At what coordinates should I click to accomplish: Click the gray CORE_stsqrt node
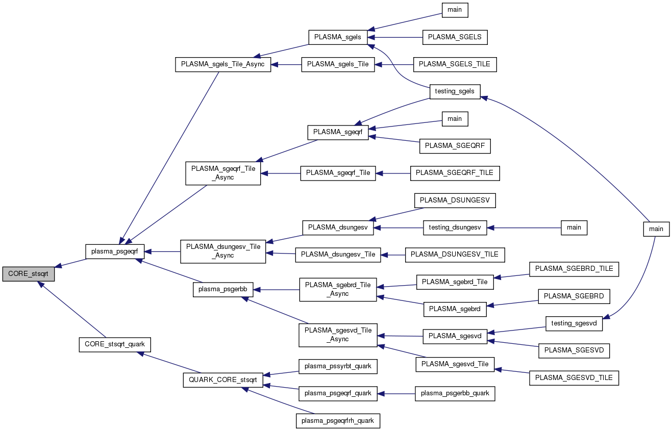pyautogui.click(x=28, y=274)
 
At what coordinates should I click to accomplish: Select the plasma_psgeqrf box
pyautogui.click(x=115, y=251)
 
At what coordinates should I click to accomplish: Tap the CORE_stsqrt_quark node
pyautogui.click(x=115, y=344)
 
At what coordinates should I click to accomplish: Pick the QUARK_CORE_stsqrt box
pyautogui.click(x=223, y=380)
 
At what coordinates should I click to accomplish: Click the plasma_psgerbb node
pyautogui.click(x=222, y=289)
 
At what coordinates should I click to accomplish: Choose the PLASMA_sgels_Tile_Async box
pyautogui.click(x=223, y=65)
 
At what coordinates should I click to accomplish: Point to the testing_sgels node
pyautogui.click(x=455, y=92)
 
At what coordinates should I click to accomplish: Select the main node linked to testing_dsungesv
pyautogui.click(x=574, y=227)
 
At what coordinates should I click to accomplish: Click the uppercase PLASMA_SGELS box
pyautogui.click(x=455, y=37)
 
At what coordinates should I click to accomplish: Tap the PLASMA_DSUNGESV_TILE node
pyautogui.click(x=455, y=255)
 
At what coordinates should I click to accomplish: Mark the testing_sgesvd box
pyautogui.click(x=574, y=323)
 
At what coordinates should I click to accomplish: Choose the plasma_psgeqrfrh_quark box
pyautogui.click(x=338, y=421)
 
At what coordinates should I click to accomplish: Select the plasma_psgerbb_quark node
pyautogui.click(x=455, y=393)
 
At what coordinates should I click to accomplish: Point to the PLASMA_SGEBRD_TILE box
pyautogui.click(x=574, y=269)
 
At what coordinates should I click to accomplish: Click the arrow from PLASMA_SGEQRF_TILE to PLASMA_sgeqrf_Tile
pyautogui.click(x=393, y=173)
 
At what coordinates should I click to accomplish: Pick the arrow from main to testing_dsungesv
pyautogui.click(x=524, y=227)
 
